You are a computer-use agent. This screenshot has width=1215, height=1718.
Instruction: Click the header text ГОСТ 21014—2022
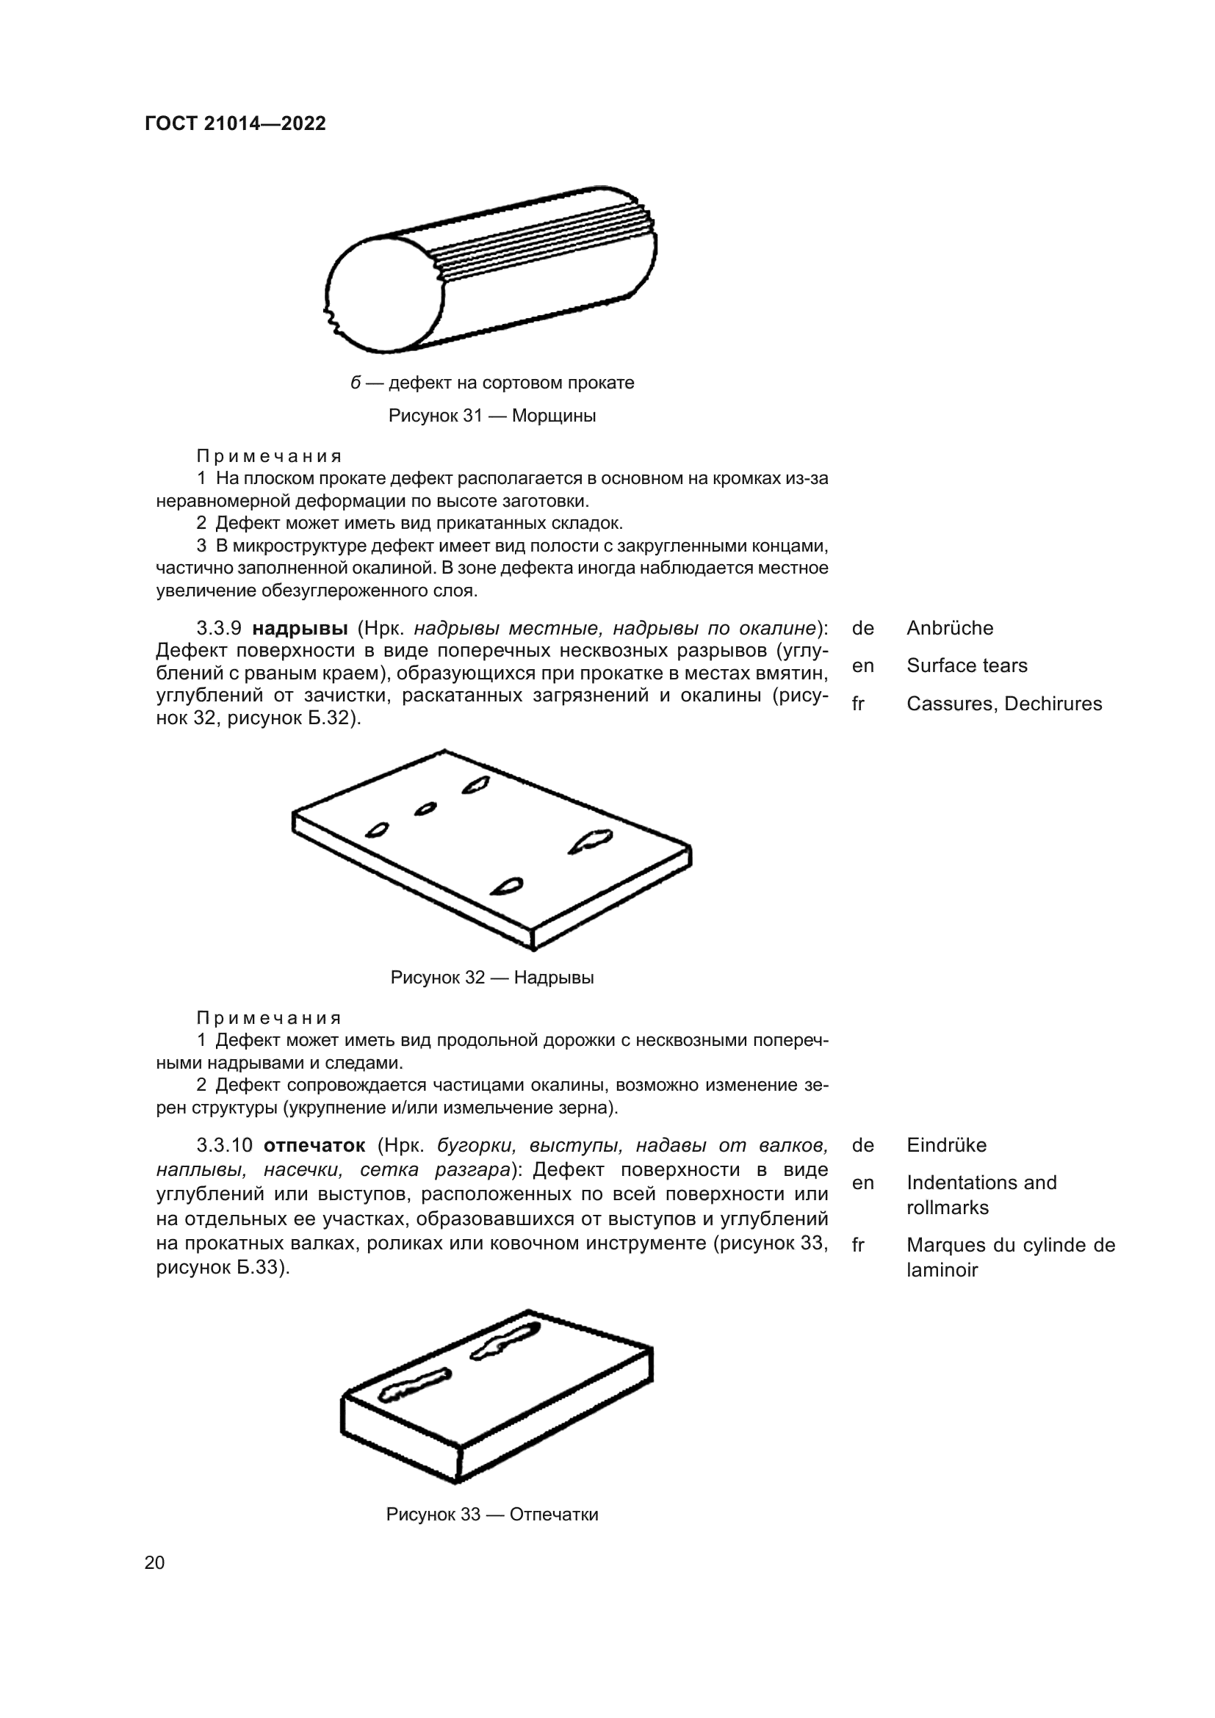click(x=236, y=123)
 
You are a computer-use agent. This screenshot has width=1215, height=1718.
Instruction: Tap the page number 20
click(x=155, y=1562)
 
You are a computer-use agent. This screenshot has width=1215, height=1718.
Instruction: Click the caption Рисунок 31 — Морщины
click(x=491, y=415)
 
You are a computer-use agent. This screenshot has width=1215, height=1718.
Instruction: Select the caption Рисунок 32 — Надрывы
click(x=491, y=977)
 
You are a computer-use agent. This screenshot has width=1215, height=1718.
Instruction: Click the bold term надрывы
click(x=299, y=628)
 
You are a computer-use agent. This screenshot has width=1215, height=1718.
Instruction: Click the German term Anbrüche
click(x=949, y=628)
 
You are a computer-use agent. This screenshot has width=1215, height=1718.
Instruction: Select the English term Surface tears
click(x=967, y=665)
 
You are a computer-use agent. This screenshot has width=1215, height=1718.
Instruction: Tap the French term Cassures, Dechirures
click(x=1004, y=704)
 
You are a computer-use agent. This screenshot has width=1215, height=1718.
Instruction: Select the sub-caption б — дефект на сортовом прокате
click(x=491, y=383)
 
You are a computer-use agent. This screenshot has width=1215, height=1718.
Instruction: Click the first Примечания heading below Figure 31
click(x=269, y=455)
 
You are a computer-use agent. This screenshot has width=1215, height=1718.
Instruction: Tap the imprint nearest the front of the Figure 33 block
click(x=414, y=1385)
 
